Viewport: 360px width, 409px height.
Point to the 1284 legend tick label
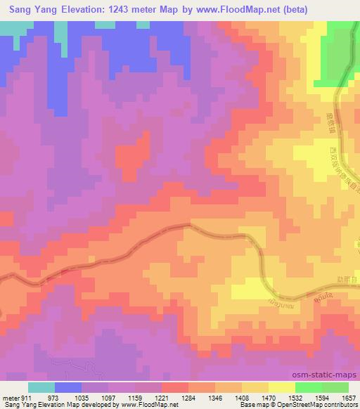(188, 398)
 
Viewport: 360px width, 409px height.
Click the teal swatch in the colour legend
(41, 387)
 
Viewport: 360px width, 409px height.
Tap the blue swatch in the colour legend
(68, 387)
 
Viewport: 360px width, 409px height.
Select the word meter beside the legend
(8, 398)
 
